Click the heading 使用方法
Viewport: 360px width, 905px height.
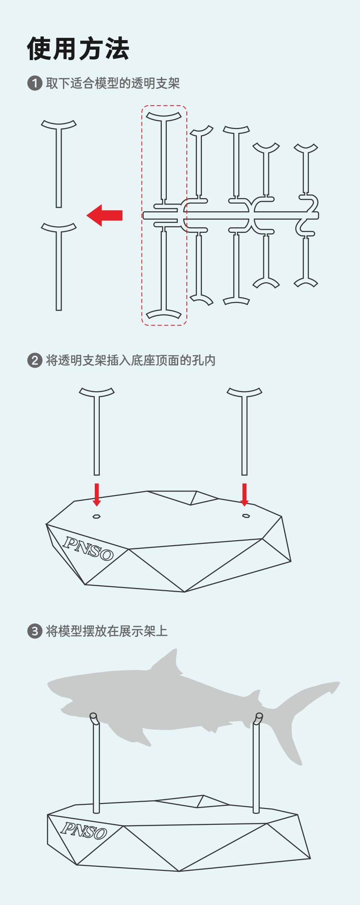click(78, 49)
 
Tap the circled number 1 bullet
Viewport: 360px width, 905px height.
click(35, 83)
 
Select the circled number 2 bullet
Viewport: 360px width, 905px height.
click(35, 361)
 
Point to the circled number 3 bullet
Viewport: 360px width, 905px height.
click(35, 631)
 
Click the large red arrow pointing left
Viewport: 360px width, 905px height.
click(104, 215)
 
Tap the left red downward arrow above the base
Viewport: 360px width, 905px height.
click(97, 495)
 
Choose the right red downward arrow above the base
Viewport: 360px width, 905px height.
click(245, 495)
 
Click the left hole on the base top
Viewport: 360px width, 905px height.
click(97, 516)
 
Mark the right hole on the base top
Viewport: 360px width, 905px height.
click(246, 516)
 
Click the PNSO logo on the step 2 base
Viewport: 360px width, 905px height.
click(88, 548)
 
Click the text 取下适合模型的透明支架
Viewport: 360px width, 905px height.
click(113, 83)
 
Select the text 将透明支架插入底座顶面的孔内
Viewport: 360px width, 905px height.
click(131, 361)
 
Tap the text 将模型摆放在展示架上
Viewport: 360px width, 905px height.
click(107, 631)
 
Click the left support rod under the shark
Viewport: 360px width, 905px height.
click(96, 767)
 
